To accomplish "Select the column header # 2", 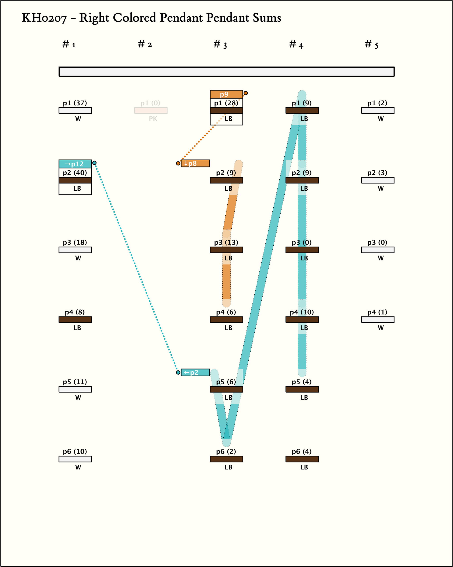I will click(x=145, y=44).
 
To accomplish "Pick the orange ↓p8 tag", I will click(x=195, y=163).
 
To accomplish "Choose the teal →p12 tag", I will click(x=75, y=164).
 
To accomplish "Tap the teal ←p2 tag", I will click(x=195, y=372).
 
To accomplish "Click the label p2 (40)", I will click(x=75, y=173).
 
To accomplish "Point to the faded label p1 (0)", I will click(x=150, y=103).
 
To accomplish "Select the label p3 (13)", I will click(x=226, y=243).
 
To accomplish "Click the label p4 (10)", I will click(x=302, y=312).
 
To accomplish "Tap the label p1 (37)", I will click(x=75, y=103).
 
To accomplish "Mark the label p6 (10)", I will click(x=75, y=451).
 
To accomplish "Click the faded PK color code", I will click(x=153, y=119).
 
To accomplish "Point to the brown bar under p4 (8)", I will click(x=75, y=320).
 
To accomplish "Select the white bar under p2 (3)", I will click(x=378, y=180).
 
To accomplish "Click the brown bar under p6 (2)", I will click(x=226, y=459).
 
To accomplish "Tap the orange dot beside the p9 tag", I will click(x=246, y=93).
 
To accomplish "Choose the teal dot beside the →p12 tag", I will click(x=94, y=163).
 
